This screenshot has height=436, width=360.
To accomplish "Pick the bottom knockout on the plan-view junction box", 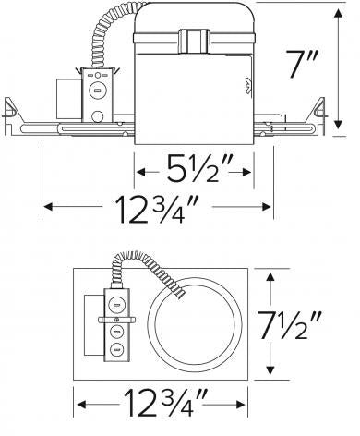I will pyautogui.click(x=117, y=349).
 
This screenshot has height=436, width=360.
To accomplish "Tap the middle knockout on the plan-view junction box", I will pyautogui.click(x=117, y=328).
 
